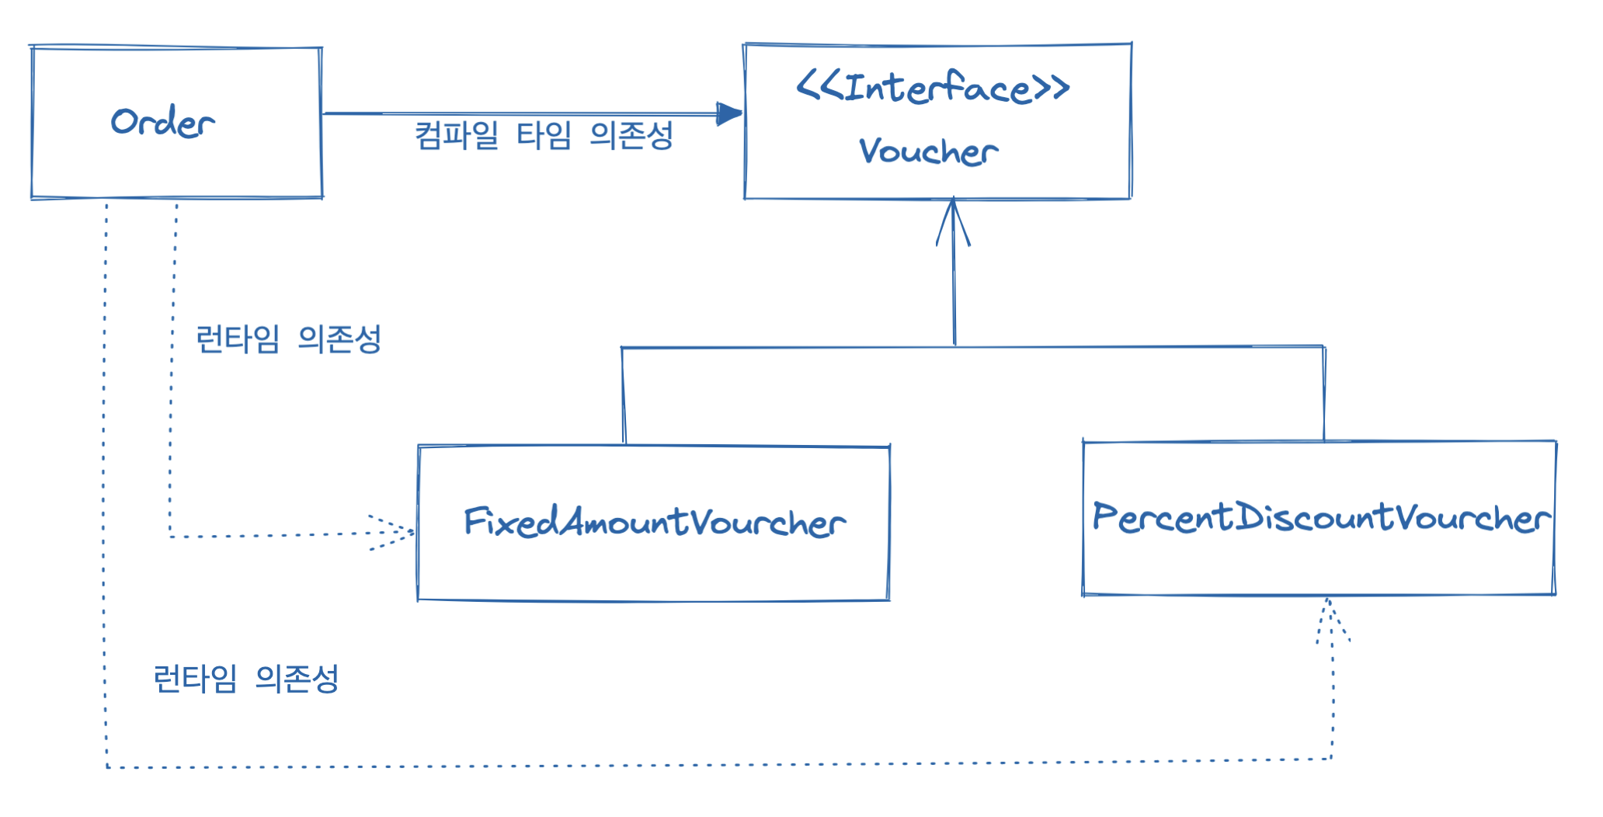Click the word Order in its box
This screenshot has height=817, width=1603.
coord(162,123)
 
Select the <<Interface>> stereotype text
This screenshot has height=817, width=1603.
coord(933,87)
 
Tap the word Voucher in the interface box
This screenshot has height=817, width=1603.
coord(928,151)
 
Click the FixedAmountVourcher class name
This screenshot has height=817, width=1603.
coord(654,522)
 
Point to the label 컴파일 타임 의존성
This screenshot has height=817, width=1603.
coord(544,135)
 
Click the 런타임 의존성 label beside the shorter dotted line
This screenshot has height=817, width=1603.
coord(288,339)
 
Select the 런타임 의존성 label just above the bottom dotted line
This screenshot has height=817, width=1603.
coord(246,679)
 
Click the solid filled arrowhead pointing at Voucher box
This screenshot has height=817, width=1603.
coord(729,114)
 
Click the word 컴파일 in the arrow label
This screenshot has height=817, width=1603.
coord(457,135)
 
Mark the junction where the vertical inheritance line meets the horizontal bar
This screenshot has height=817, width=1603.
coord(954,346)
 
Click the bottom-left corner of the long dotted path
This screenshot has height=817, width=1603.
coord(107,767)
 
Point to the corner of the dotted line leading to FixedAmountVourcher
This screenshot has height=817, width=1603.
coord(171,536)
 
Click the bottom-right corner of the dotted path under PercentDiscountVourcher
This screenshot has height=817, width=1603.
coord(1332,759)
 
